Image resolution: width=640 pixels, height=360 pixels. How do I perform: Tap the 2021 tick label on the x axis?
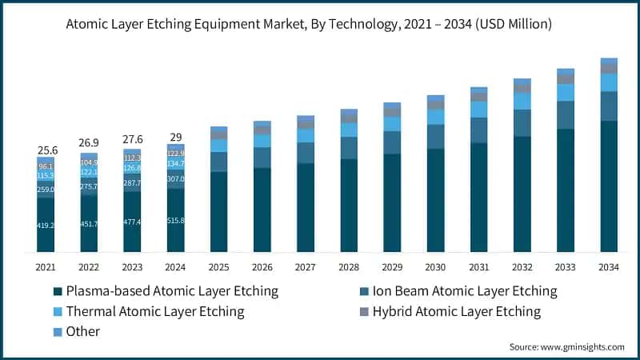point(46,266)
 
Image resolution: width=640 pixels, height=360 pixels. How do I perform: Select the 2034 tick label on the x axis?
point(609,266)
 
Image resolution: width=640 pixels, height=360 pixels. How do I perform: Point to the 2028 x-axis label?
point(349,266)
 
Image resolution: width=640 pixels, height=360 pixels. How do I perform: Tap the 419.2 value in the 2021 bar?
point(46,226)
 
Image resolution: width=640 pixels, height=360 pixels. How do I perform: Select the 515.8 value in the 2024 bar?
point(175,220)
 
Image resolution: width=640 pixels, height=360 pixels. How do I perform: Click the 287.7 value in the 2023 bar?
point(132,183)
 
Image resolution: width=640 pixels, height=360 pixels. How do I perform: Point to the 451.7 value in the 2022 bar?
point(89,223)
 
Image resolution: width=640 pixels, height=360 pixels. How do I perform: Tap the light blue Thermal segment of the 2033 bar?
point(566,92)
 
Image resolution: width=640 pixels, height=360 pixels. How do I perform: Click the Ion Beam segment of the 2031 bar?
point(479,130)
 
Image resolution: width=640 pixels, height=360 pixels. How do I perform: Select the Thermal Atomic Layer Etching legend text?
point(154,311)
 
